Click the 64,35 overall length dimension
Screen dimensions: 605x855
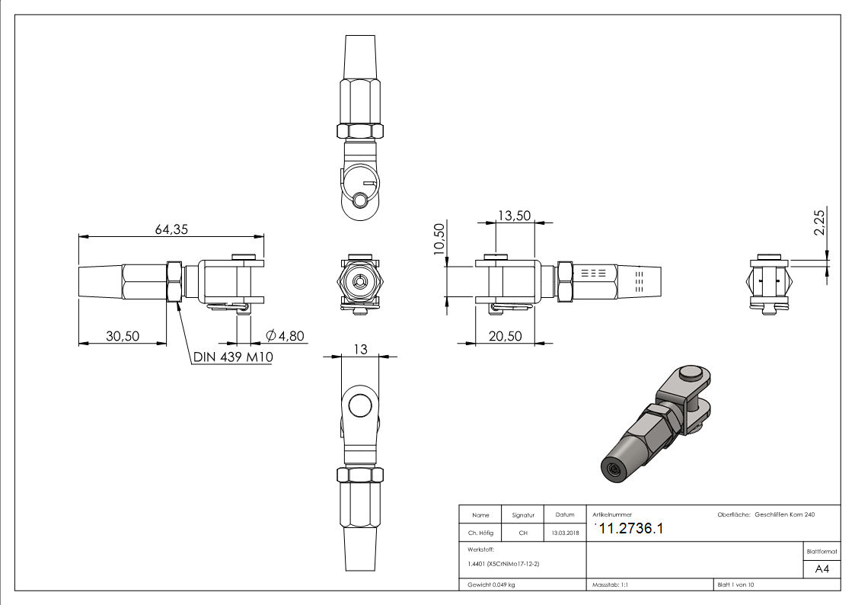(171, 229)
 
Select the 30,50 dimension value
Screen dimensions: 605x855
(122, 336)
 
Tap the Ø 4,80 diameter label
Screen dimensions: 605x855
(286, 336)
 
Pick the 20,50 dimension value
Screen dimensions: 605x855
(505, 336)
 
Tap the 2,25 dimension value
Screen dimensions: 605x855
(820, 222)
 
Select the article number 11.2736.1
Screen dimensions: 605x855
(632, 530)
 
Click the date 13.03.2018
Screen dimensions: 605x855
(564, 533)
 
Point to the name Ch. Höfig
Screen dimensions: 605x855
(480, 533)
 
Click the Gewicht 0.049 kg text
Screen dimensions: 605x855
(491, 585)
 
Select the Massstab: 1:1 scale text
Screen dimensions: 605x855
(609, 585)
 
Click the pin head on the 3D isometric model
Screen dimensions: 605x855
(691, 373)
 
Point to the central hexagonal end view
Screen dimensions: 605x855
(360, 280)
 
